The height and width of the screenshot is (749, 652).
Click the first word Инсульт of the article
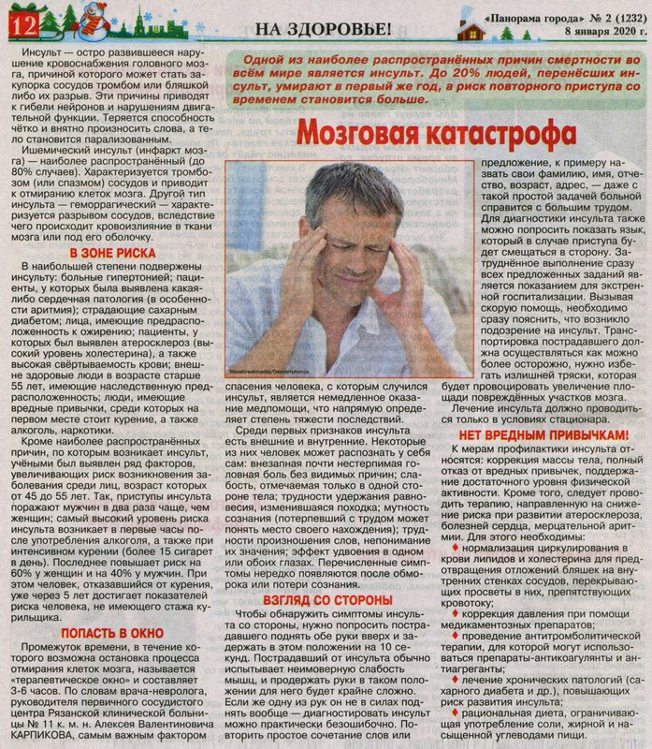45,53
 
